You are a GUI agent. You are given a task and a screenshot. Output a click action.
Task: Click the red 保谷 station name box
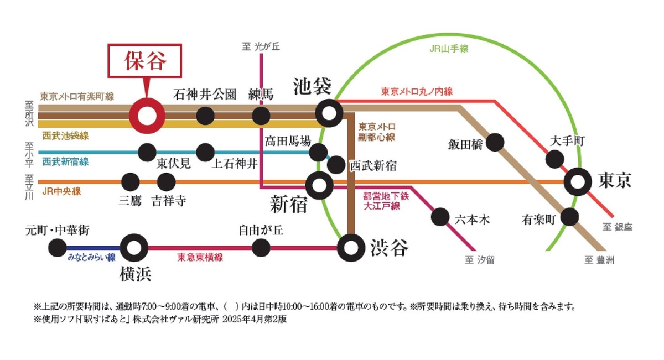(144, 60)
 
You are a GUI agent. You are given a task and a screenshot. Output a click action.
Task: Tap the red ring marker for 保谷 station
(147, 116)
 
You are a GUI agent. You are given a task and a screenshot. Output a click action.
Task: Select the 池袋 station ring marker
(329, 114)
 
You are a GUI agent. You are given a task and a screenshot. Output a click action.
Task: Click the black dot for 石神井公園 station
(205, 116)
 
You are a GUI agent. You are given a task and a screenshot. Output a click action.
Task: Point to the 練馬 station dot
(261, 116)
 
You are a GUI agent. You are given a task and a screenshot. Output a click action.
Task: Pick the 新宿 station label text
(288, 205)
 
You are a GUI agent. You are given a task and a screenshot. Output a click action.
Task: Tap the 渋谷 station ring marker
(351, 247)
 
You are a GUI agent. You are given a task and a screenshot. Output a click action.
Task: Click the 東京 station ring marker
(579, 181)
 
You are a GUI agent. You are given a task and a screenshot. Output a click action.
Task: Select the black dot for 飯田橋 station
(495, 142)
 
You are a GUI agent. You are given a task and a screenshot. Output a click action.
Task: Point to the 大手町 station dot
(554, 159)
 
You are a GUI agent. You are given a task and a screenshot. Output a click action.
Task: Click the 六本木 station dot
(440, 217)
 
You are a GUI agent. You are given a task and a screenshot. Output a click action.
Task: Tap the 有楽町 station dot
(569, 217)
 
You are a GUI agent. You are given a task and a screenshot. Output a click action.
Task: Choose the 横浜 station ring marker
(134, 247)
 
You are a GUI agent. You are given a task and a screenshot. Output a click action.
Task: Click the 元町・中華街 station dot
(57, 248)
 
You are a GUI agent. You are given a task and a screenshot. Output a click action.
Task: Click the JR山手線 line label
(449, 49)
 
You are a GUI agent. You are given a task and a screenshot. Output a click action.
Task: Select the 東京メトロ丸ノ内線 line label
(417, 92)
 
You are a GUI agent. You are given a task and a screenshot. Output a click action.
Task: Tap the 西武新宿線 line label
(65, 162)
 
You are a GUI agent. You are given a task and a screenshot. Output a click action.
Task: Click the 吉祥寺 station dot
(166, 181)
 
